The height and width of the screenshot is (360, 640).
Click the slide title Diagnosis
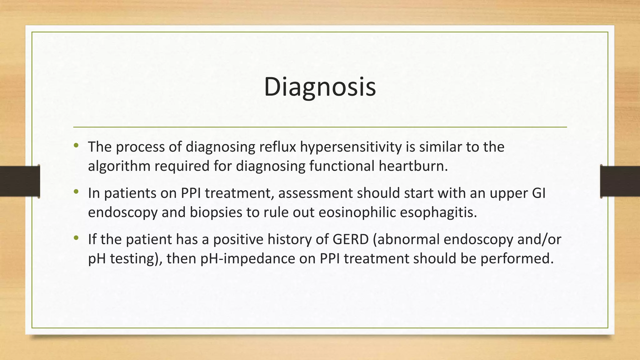(320, 87)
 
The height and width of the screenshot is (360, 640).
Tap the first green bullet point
(76, 145)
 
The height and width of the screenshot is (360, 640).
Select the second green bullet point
(76, 192)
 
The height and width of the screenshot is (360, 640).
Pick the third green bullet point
(76, 238)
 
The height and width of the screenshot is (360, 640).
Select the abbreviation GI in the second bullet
(538, 193)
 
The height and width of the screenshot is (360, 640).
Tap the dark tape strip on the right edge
(620, 181)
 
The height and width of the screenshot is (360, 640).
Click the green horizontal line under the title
(320, 127)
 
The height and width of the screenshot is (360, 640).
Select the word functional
(342, 166)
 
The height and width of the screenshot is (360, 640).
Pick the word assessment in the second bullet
(316, 193)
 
